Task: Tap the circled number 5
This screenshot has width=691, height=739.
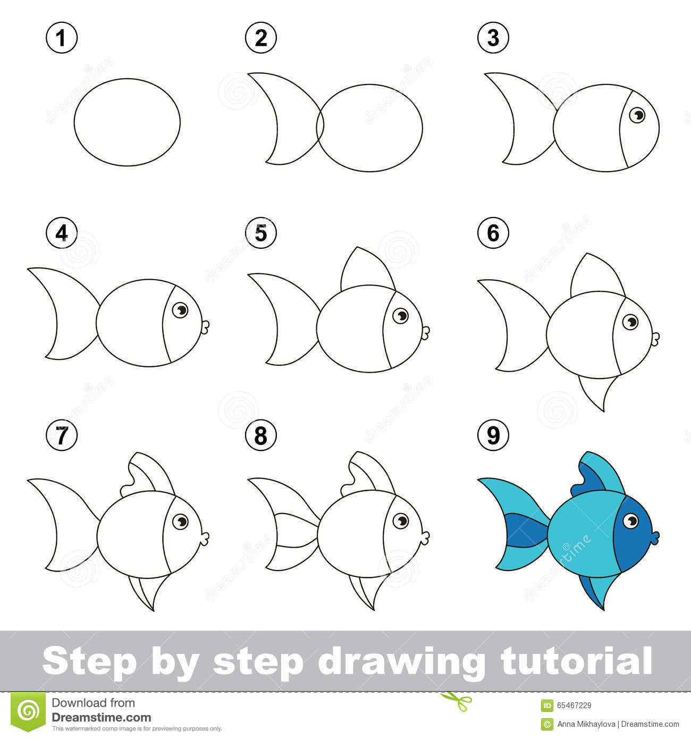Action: [x=260, y=233]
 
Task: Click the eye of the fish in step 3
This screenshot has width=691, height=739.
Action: [x=637, y=114]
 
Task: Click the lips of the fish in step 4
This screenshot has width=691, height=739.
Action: [x=206, y=326]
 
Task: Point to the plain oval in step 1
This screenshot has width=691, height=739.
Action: [x=127, y=122]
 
